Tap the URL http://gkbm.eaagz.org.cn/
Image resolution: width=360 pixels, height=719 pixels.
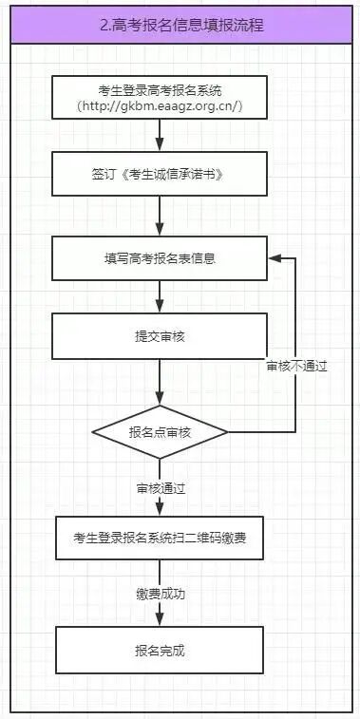pos(161,106)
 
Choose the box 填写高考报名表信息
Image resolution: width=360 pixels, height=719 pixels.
pos(161,257)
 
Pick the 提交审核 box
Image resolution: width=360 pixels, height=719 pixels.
pos(161,336)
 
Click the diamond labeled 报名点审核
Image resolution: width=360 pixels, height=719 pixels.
pos(161,432)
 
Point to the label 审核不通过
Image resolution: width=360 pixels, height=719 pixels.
pos(296,366)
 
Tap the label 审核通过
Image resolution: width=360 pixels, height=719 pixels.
pos(161,487)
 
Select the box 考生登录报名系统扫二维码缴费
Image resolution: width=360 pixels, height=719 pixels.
pos(161,539)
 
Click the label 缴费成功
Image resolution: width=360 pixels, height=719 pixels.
pos(161,594)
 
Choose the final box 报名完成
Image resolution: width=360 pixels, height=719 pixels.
pos(161,651)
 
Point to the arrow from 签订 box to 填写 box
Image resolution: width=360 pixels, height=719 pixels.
pos(161,219)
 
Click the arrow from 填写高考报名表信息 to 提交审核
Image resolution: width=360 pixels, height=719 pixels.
pos(161,299)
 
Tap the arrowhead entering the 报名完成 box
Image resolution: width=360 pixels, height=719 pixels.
pos(161,620)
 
